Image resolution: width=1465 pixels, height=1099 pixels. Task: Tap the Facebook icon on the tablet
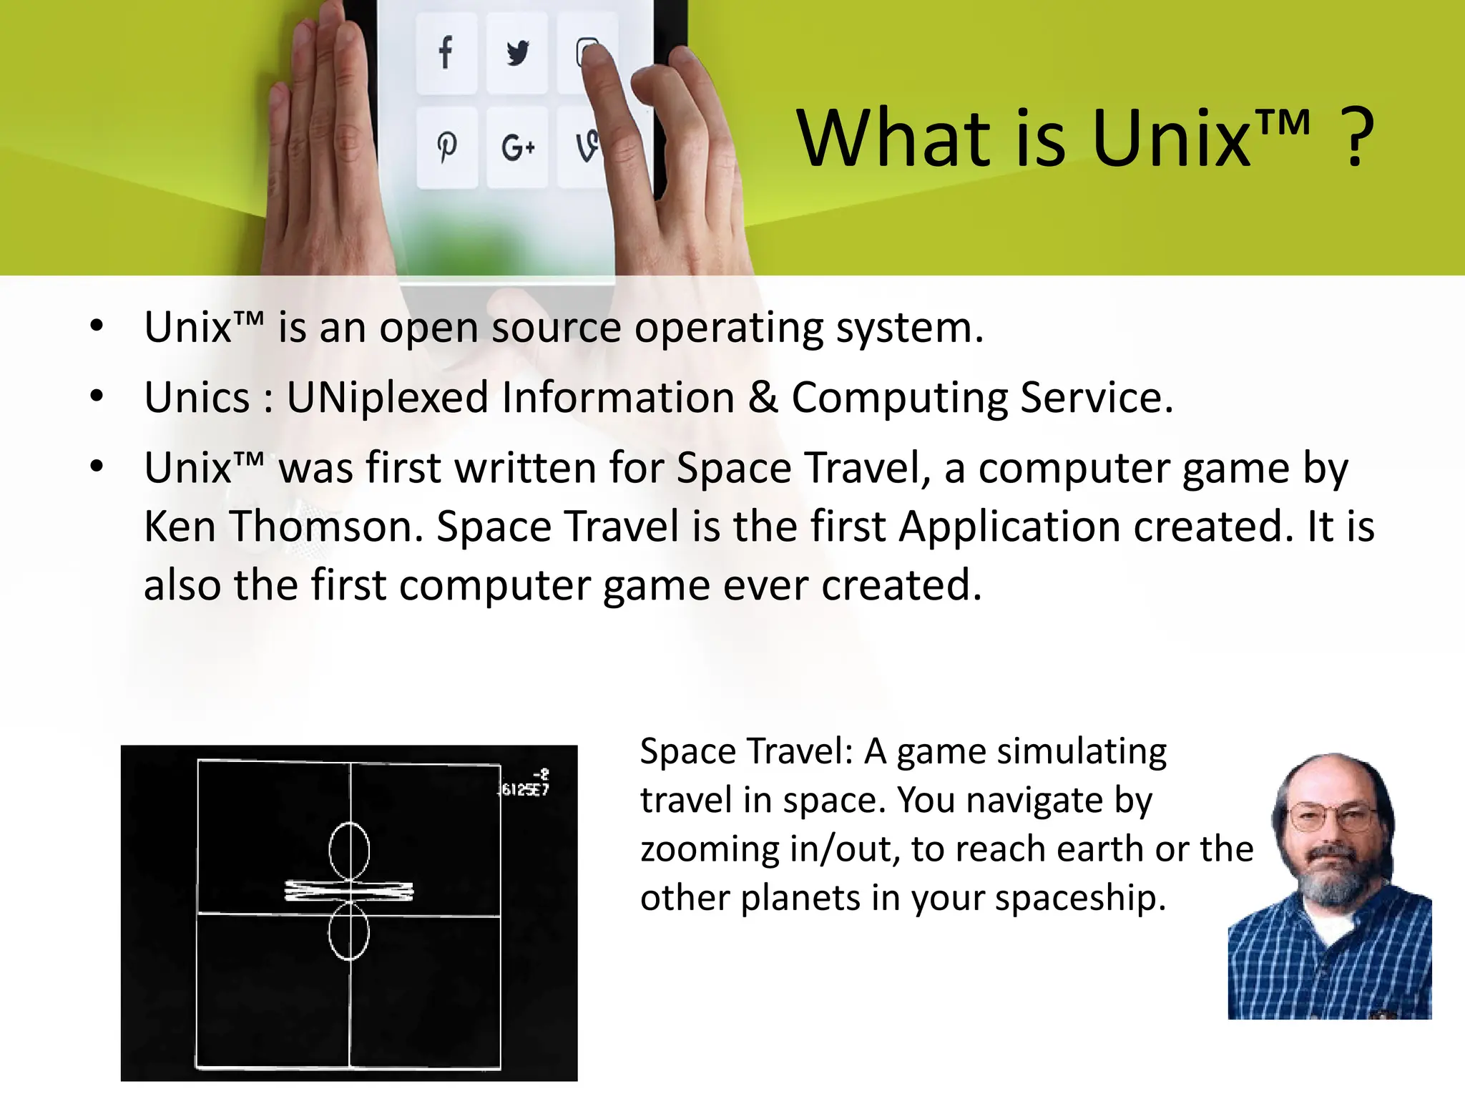[x=446, y=52]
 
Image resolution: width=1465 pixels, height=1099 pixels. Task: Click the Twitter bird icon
[x=517, y=53]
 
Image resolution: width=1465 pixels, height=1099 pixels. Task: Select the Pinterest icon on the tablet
[x=447, y=147]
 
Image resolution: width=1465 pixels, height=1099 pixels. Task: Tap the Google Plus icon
[x=517, y=148]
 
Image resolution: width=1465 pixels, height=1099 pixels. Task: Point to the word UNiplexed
[x=387, y=398]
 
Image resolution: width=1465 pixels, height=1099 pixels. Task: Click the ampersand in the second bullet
[x=763, y=398]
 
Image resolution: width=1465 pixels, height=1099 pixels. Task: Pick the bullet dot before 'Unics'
[x=97, y=396]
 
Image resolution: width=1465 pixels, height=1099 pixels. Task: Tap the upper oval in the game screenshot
[x=349, y=851]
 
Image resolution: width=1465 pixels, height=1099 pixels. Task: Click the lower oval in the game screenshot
[x=349, y=931]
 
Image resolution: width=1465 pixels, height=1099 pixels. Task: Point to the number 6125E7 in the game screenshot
[x=524, y=789]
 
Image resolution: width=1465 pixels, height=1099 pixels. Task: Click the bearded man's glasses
[x=1331, y=816]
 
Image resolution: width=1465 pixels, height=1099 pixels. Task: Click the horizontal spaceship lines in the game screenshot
[x=349, y=891]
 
